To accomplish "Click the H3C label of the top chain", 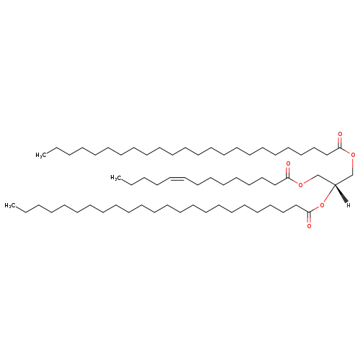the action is click(x=40, y=155).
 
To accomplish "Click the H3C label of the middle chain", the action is click(x=115, y=178).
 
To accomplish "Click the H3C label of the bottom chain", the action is click(x=10, y=205).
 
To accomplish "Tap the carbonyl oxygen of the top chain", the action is click(x=340, y=134).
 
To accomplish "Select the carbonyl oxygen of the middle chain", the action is click(x=288, y=164).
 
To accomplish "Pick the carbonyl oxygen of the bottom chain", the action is click(x=309, y=226).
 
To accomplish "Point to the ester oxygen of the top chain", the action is click(x=353, y=155).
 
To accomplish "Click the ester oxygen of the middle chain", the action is click(x=300, y=185).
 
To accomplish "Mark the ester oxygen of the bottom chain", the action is click(x=322, y=205).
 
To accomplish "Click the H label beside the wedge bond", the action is click(x=348, y=205).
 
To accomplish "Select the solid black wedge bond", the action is click(x=341, y=193).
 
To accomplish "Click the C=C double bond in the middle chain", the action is click(x=177, y=179).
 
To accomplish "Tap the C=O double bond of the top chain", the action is click(x=340, y=143).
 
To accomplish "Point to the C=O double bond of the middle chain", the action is click(x=288, y=173).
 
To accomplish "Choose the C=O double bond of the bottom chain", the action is click(x=309, y=217).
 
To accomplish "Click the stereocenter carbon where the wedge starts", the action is click(x=335, y=184).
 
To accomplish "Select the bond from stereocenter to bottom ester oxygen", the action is click(x=329, y=194).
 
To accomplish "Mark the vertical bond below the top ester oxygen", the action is click(x=353, y=166).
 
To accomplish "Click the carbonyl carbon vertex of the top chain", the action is click(x=340, y=148).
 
